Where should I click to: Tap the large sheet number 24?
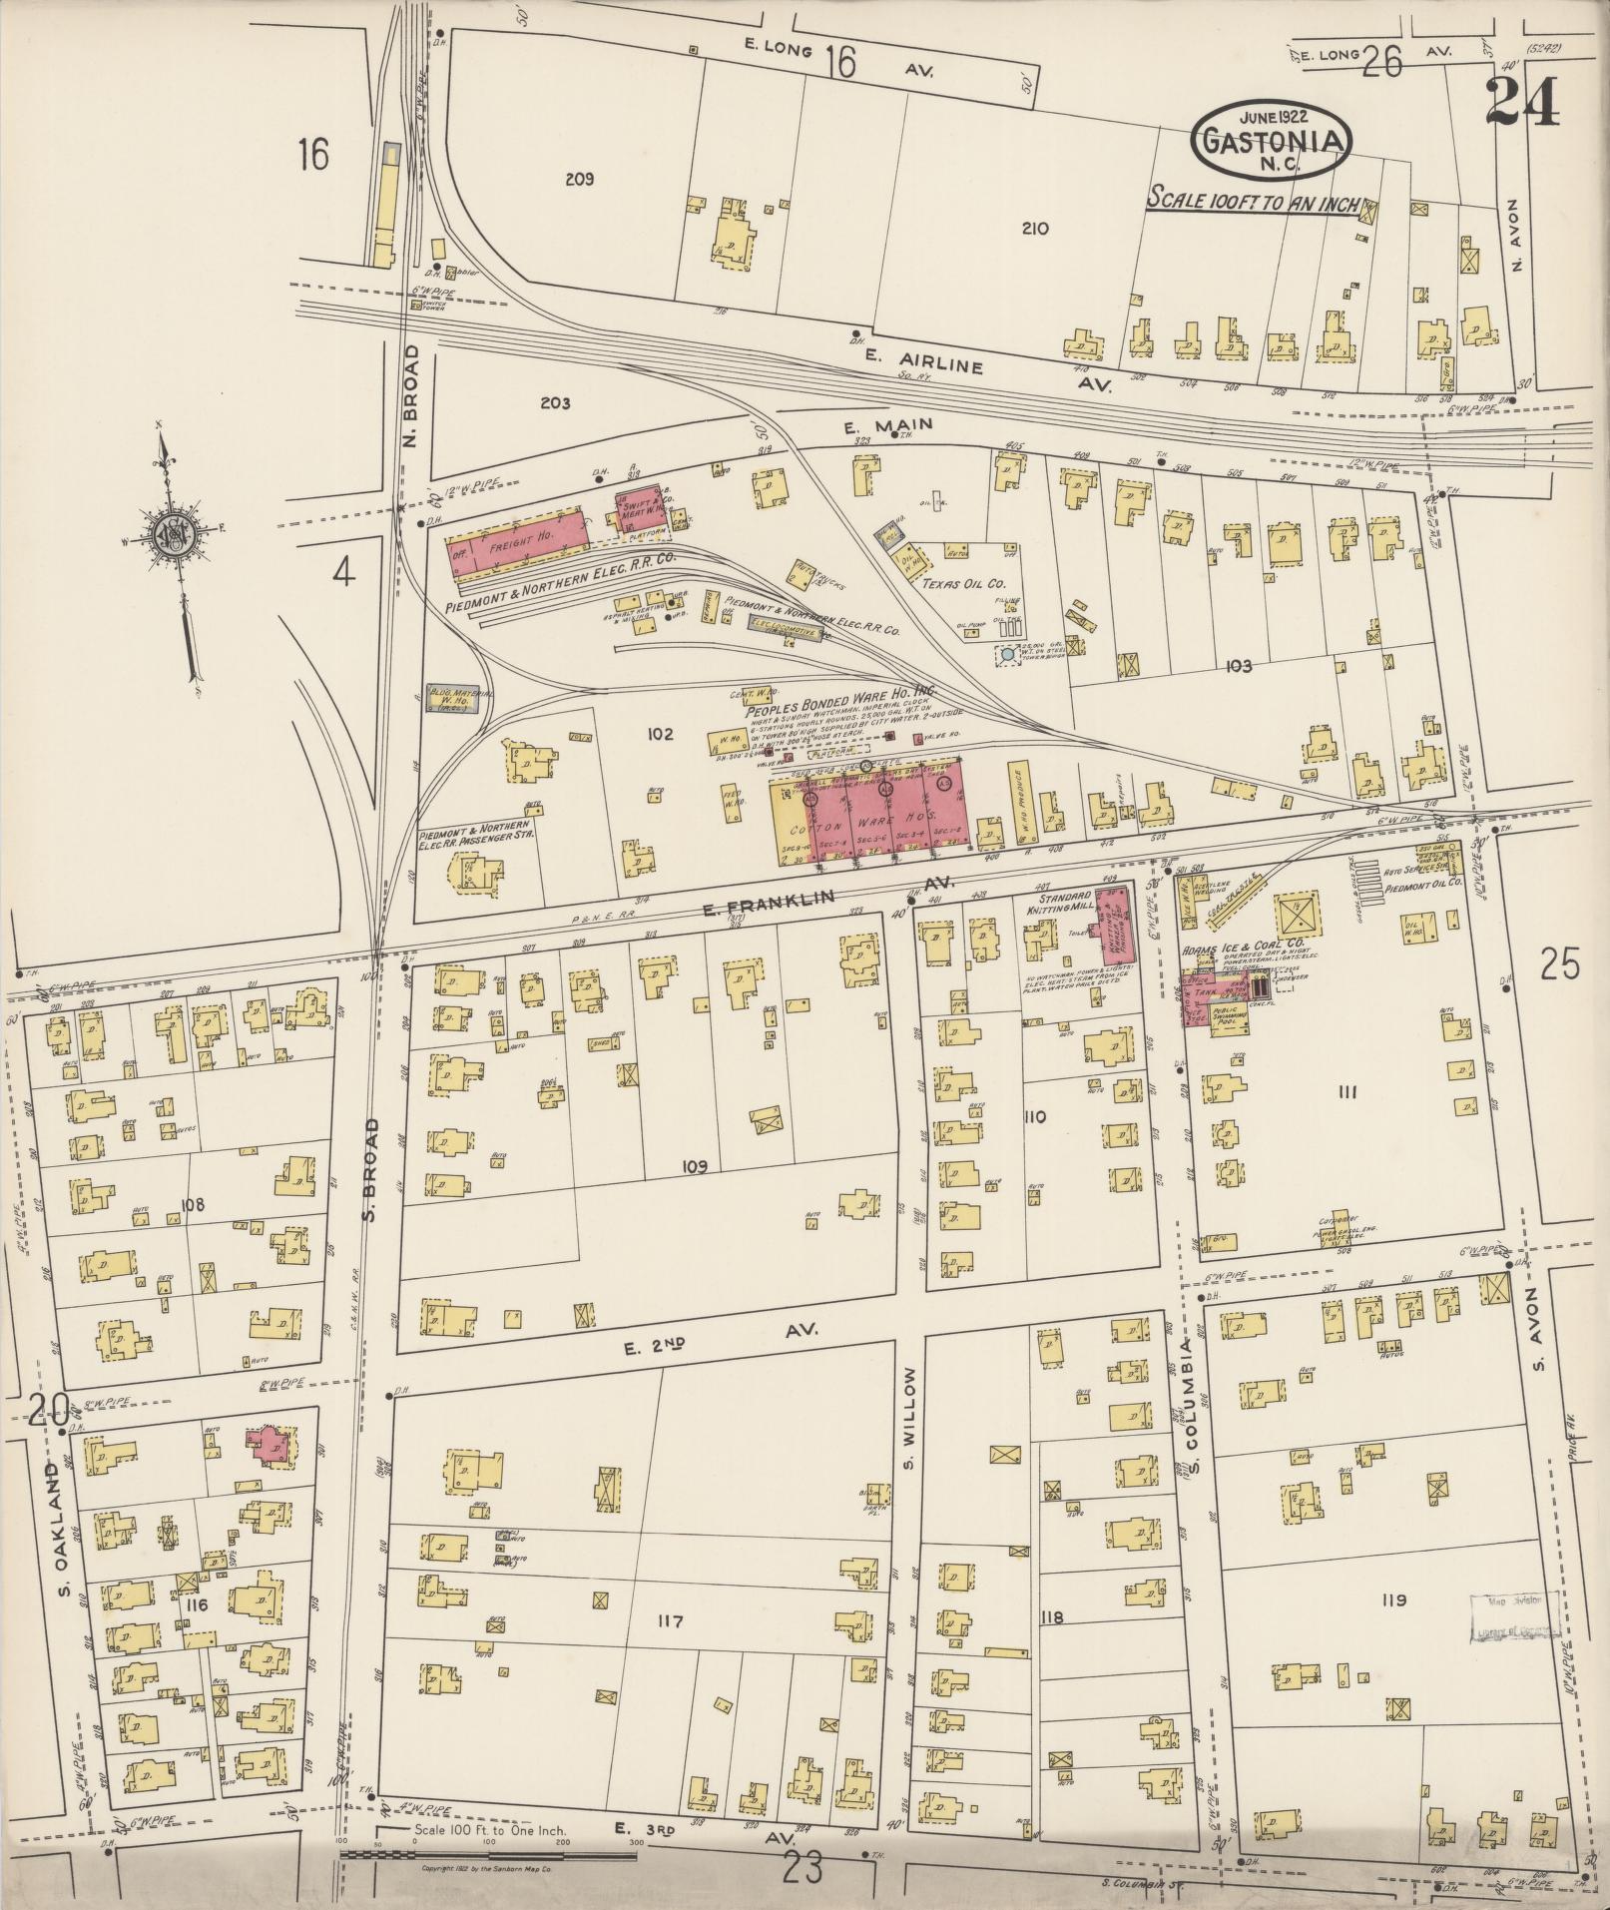(x=1521, y=102)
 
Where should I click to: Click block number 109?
(x=695, y=1166)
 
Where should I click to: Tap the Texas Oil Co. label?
(x=962, y=583)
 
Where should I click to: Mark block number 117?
(x=669, y=1621)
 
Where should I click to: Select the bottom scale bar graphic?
(x=489, y=1854)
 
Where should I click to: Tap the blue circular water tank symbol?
(x=1007, y=654)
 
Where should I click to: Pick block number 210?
(x=1035, y=228)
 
